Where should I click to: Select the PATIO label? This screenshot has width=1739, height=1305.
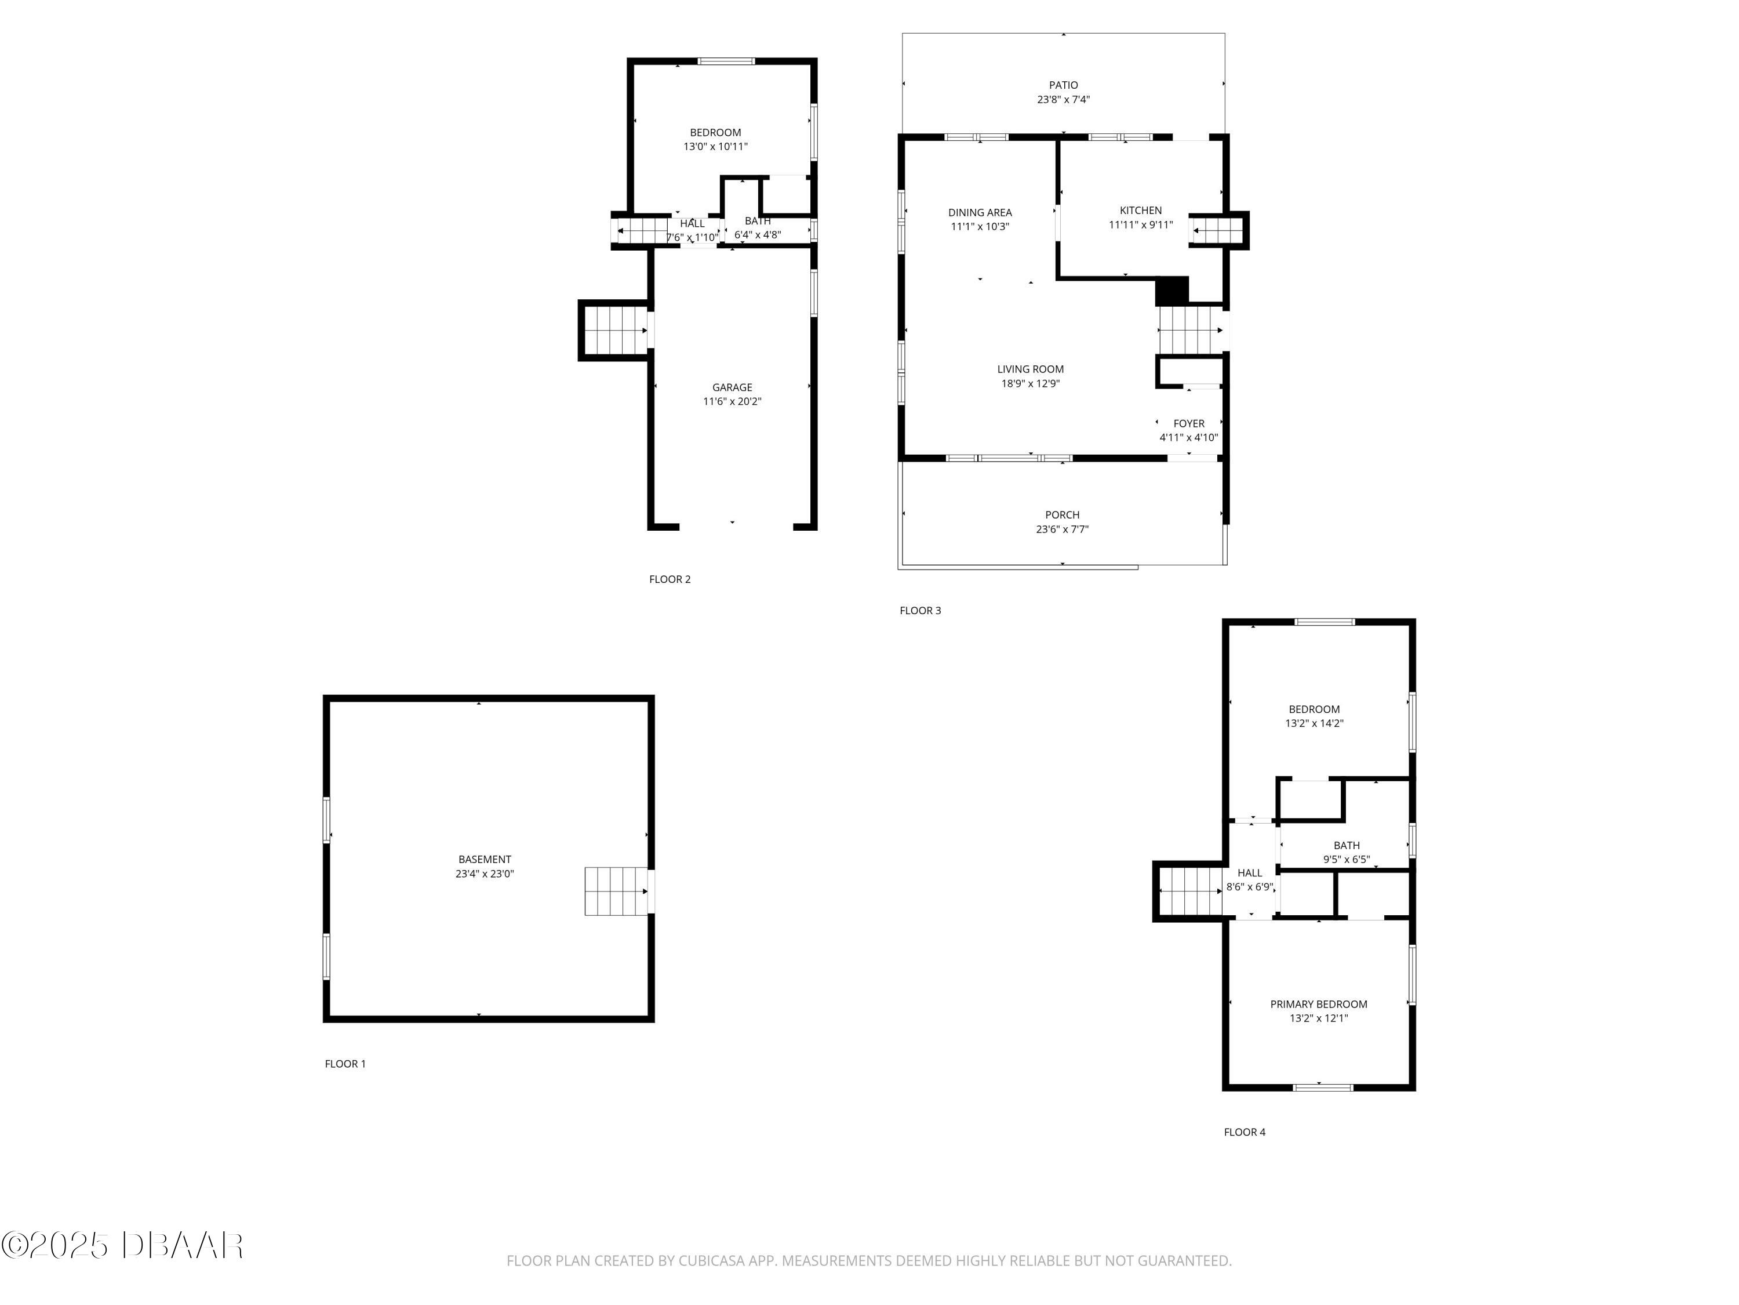point(1063,85)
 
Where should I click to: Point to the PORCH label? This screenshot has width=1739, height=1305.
point(1062,515)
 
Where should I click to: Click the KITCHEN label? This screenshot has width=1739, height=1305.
point(1141,210)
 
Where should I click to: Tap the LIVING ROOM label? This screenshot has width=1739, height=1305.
point(1030,369)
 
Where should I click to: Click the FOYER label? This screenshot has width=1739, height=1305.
point(1189,423)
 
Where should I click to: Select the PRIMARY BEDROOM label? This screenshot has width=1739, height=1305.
point(1318,1004)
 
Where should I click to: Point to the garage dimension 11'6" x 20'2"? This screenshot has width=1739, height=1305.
point(732,401)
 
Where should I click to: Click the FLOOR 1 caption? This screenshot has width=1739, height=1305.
point(345,1064)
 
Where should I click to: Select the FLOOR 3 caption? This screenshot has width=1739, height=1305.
point(920,610)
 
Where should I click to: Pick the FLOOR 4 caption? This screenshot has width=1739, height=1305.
point(1245,1132)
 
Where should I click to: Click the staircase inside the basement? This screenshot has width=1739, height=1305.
point(616,891)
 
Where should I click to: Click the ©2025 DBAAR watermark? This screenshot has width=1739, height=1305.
point(122,1245)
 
